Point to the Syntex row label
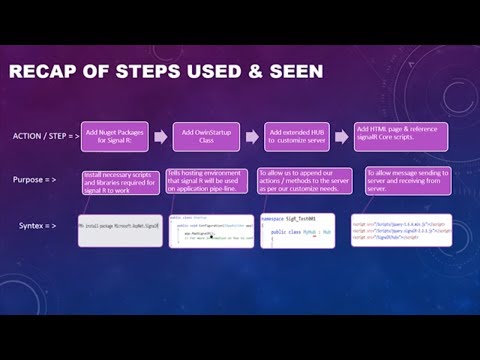[x=39, y=227]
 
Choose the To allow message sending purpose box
[x=405, y=180]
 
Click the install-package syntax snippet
[x=119, y=230]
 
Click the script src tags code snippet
[x=400, y=231]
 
